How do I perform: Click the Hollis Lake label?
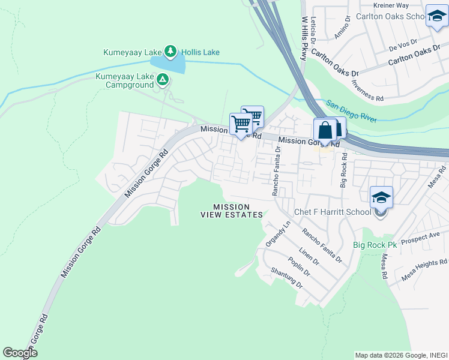tap(201, 52)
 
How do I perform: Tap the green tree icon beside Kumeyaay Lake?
tap(170, 52)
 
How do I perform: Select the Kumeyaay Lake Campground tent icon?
tap(162, 79)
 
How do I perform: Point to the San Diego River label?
tap(351, 112)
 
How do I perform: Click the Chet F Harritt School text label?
tap(332, 212)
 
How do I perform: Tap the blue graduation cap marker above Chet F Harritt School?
tap(381, 197)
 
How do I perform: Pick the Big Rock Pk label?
tap(375, 245)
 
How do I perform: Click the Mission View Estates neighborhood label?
tap(231, 211)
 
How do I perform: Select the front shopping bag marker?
tap(325, 130)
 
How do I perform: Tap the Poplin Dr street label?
tap(298, 266)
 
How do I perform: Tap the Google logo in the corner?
tap(20, 353)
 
